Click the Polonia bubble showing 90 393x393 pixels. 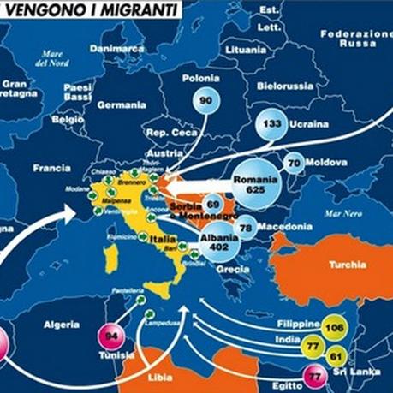tap(205, 101)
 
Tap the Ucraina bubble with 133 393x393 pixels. tap(273, 124)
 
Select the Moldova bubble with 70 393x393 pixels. tap(293, 163)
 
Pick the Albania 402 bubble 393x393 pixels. tap(219, 242)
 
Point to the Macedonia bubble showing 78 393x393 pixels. tap(245, 227)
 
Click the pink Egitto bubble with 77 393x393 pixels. tap(316, 375)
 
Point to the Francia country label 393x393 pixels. tap(51, 168)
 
